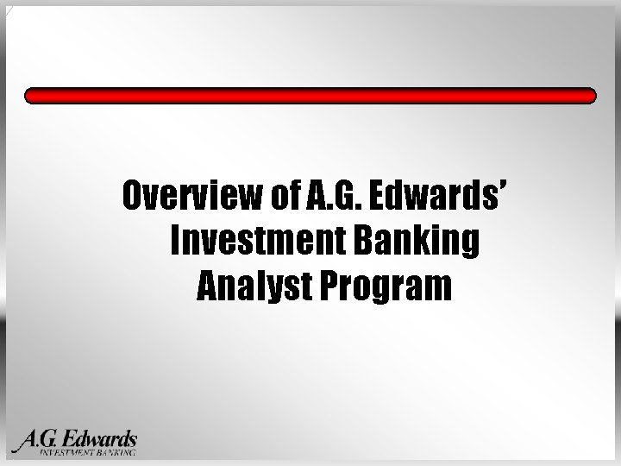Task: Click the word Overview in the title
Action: (192, 198)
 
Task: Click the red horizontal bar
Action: (310, 95)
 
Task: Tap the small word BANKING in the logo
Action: (116, 451)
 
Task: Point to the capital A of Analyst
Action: (206, 286)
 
